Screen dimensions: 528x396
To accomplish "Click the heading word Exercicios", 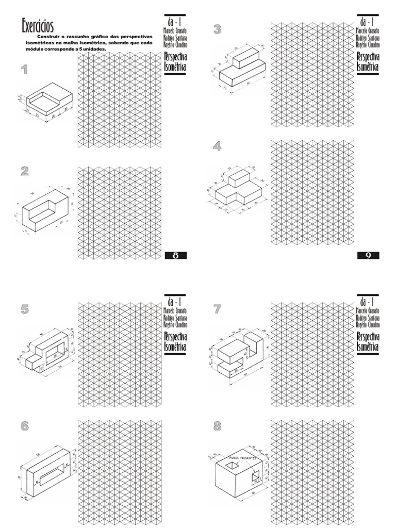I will pos(38,25).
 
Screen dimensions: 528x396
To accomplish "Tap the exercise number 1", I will pos(24,70).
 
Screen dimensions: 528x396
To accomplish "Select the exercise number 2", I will pos(24,171).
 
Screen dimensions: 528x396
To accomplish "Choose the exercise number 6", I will pos(24,426).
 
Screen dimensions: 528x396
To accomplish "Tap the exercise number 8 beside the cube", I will pos(217,426).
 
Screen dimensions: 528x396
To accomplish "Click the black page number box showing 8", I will pos(175,255).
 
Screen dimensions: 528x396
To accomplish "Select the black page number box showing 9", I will pos(368,255).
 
